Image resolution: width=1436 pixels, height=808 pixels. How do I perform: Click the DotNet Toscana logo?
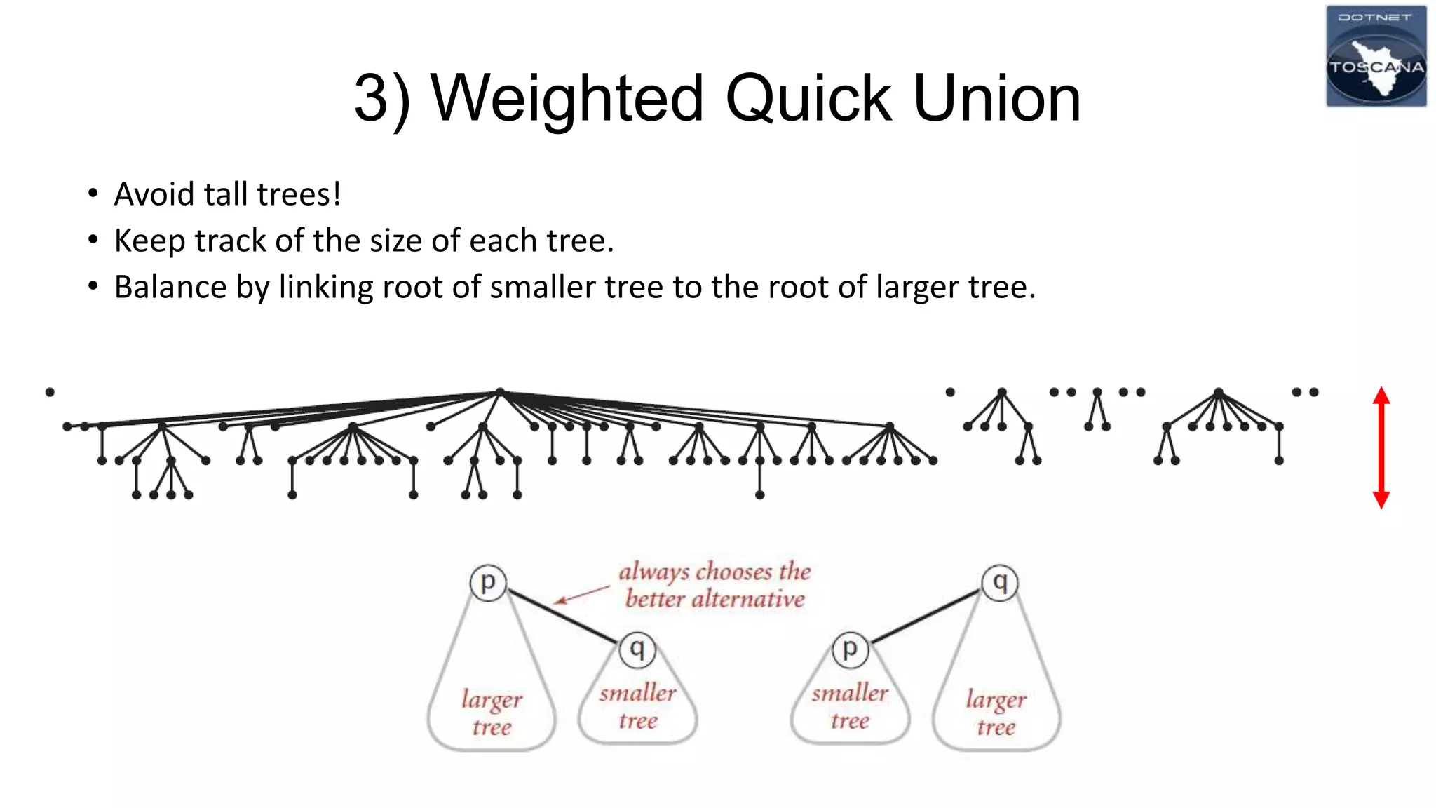[1376, 56]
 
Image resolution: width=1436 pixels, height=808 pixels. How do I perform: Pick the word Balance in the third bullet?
[170, 287]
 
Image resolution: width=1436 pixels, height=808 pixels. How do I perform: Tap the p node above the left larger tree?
[488, 582]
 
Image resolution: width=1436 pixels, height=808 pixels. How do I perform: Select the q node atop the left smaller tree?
[637, 649]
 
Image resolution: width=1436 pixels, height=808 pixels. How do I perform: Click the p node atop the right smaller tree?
[850, 649]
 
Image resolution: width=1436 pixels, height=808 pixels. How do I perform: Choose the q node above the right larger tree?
[1000, 582]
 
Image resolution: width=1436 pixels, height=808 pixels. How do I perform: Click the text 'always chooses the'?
[714, 572]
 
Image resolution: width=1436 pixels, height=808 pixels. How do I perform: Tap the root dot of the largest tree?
[500, 392]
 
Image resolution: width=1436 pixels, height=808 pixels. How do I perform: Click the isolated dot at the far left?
[50, 392]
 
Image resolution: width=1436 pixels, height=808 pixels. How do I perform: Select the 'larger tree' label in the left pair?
[492, 713]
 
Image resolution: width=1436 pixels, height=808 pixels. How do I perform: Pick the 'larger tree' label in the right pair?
[996, 713]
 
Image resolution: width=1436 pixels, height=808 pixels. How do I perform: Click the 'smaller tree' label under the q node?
[638, 706]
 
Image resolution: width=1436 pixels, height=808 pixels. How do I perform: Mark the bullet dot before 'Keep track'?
[93, 241]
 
